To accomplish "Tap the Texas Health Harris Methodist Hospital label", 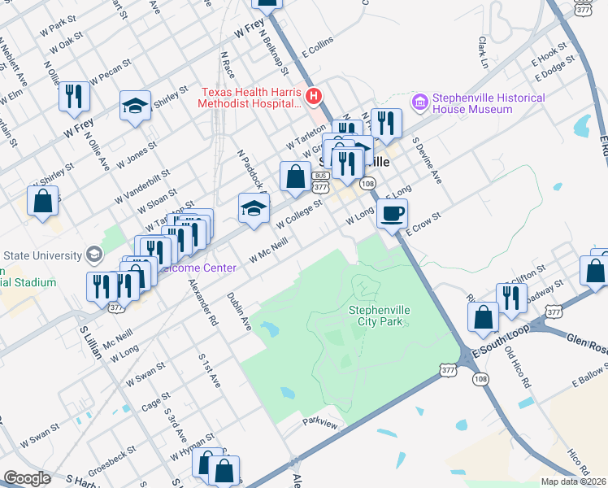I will pyautogui.click(x=250, y=98).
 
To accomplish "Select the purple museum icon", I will pyautogui.click(x=419, y=102).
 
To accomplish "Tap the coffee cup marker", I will pyautogui.click(x=393, y=214).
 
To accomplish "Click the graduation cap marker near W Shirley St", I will pyautogui.click(x=136, y=106).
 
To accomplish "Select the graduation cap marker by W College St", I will pyautogui.click(x=254, y=209).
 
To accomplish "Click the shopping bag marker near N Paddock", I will pyautogui.click(x=296, y=176).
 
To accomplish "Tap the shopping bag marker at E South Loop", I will pyautogui.click(x=484, y=319).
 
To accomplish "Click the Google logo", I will pyautogui.click(x=27, y=478).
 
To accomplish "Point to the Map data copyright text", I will pyautogui.click(x=573, y=481).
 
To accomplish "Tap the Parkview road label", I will pyautogui.click(x=319, y=422).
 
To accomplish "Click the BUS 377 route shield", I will pyautogui.click(x=320, y=181).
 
